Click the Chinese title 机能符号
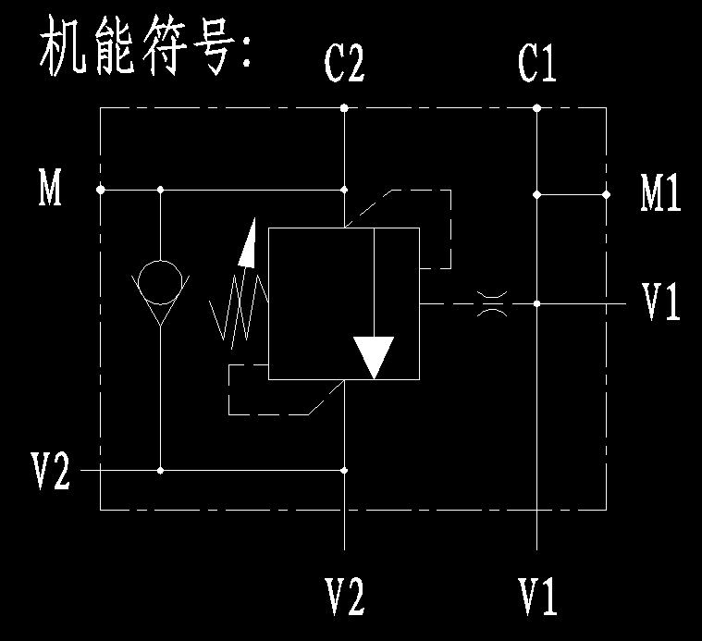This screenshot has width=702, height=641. (x=144, y=52)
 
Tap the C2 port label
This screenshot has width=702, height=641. (x=343, y=64)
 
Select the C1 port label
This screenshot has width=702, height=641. (x=537, y=64)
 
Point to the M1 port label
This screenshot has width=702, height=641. (x=661, y=194)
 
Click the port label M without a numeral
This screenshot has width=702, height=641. (x=50, y=189)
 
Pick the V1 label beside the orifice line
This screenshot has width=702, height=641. (x=661, y=302)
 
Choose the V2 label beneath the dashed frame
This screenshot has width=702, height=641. (x=344, y=596)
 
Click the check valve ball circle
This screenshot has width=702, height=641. (x=160, y=283)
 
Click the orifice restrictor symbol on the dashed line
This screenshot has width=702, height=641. (x=491, y=303)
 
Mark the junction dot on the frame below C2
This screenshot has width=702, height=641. (x=344, y=108)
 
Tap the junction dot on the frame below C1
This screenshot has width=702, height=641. (x=537, y=108)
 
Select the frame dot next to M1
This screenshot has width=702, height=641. (x=607, y=194)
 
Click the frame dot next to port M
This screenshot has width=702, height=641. (x=100, y=190)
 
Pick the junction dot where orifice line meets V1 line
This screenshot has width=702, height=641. (x=537, y=302)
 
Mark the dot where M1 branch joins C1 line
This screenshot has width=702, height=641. (x=537, y=194)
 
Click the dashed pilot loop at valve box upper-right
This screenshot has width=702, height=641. (x=435, y=227)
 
